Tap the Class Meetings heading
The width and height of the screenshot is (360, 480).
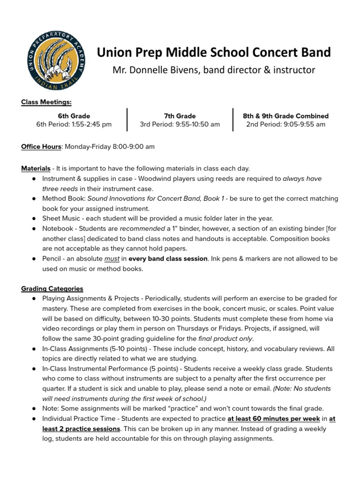coord(46,102)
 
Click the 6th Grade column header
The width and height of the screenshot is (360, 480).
coord(74,116)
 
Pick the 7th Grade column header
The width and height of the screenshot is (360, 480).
coord(180,116)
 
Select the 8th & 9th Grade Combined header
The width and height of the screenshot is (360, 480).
coord(285,116)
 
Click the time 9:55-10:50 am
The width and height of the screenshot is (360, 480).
coord(193,125)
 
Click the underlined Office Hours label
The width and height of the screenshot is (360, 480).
coord(41,147)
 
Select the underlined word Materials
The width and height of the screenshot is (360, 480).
coord(36,168)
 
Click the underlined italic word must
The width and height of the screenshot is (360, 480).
coord(112,259)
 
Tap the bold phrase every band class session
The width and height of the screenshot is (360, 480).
coord(168,259)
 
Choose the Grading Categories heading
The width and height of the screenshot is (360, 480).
coord(52,289)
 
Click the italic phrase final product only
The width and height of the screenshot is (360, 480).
coord(225,338)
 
